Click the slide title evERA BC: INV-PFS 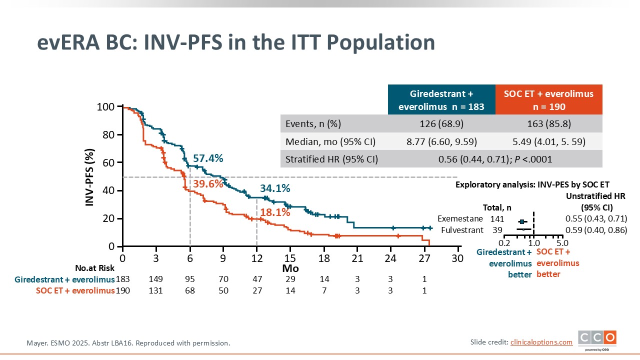[235, 43]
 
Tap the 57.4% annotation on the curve [208, 158]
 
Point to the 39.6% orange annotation [208, 184]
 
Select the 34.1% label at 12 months [275, 188]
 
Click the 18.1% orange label [275, 212]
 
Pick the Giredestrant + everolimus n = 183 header [441, 99]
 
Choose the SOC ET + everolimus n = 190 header [548, 99]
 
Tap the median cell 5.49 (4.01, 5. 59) [548, 141]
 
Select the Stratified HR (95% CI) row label [331, 159]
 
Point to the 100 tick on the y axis [106, 107]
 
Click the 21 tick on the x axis [357, 258]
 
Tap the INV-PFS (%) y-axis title [90, 177]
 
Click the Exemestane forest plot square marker [522, 221]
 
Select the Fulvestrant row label [462, 230]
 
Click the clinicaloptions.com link [541, 342]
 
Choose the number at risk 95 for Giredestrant [189, 278]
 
